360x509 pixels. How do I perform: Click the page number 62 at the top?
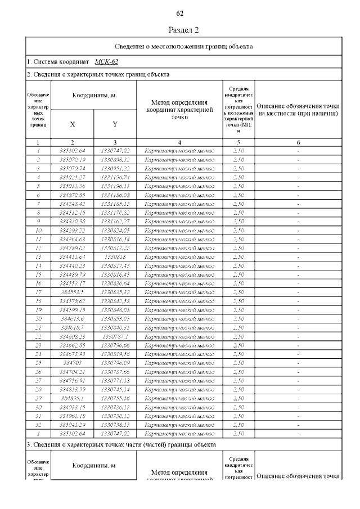[x=180, y=13]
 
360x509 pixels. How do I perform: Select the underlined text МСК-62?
[x=106, y=62]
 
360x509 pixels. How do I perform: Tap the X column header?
[x=72, y=124]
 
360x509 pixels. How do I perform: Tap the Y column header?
[x=115, y=124]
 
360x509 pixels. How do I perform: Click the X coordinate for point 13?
[x=72, y=257]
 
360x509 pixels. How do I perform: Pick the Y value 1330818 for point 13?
[x=115, y=257]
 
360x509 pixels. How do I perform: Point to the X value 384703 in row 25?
[x=72, y=363]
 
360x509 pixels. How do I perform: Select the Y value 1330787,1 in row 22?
[x=115, y=336]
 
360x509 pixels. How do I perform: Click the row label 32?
[x=38, y=425]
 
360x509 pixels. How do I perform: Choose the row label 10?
[x=38, y=230]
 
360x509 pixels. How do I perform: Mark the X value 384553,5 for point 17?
[x=72, y=292]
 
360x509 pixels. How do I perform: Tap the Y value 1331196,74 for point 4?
[x=115, y=177]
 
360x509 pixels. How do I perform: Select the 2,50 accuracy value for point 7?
[x=238, y=204]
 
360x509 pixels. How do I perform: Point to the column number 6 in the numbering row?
[x=298, y=143]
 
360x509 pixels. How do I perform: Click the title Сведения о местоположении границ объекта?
[x=183, y=46]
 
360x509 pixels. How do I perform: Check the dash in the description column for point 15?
[x=298, y=274]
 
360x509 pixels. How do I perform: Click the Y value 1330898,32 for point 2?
[x=115, y=159]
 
